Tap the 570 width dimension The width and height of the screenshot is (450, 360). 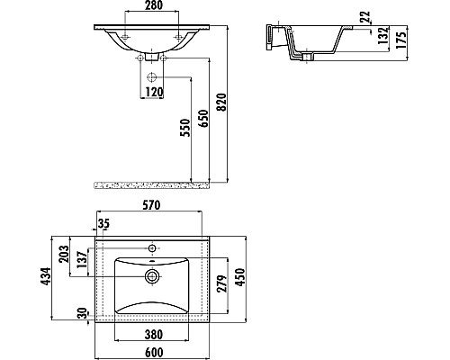pos(149,205)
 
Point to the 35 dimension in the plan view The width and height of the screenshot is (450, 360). pos(103,223)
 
